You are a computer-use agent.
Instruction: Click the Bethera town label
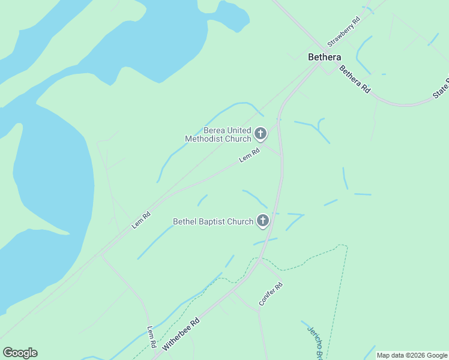click(x=324, y=58)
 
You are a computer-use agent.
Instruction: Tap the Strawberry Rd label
click(x=343, y=32)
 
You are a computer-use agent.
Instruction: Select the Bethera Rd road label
click(x=354, y=79)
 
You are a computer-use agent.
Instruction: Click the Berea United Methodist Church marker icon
click(x=261, y=133)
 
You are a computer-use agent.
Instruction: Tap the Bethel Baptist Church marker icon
click(x=262, y=221)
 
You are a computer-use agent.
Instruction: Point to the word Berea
click(x=215, y=131)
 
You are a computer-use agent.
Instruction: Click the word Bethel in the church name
click(x=185, y=222)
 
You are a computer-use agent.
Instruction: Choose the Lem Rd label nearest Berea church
click(x=249, y=155)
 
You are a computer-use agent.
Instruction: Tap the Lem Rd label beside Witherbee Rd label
click(x=152, y=338)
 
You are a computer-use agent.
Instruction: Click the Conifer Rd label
click(x=270, y=294)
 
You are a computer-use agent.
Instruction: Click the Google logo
click(x=20, y=353)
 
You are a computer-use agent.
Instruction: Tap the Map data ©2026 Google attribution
click(x=412, y=355)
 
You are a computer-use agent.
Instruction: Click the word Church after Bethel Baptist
click(x=241, y=222)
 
